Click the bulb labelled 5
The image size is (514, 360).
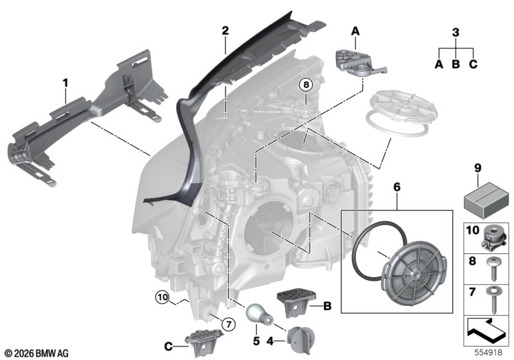(259, 314)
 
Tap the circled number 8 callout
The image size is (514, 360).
(306, 85)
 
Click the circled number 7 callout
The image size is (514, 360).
(229, 325)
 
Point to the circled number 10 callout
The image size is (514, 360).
(163, 298)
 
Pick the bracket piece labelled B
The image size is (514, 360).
(296, 303)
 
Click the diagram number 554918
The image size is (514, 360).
(488, 352)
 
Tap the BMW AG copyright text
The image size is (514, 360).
(37, 353)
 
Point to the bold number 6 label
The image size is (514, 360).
(396, 187)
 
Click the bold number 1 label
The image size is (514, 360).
(66, 83)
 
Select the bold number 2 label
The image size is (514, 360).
(225, 30)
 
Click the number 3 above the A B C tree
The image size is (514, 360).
(456, 32)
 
